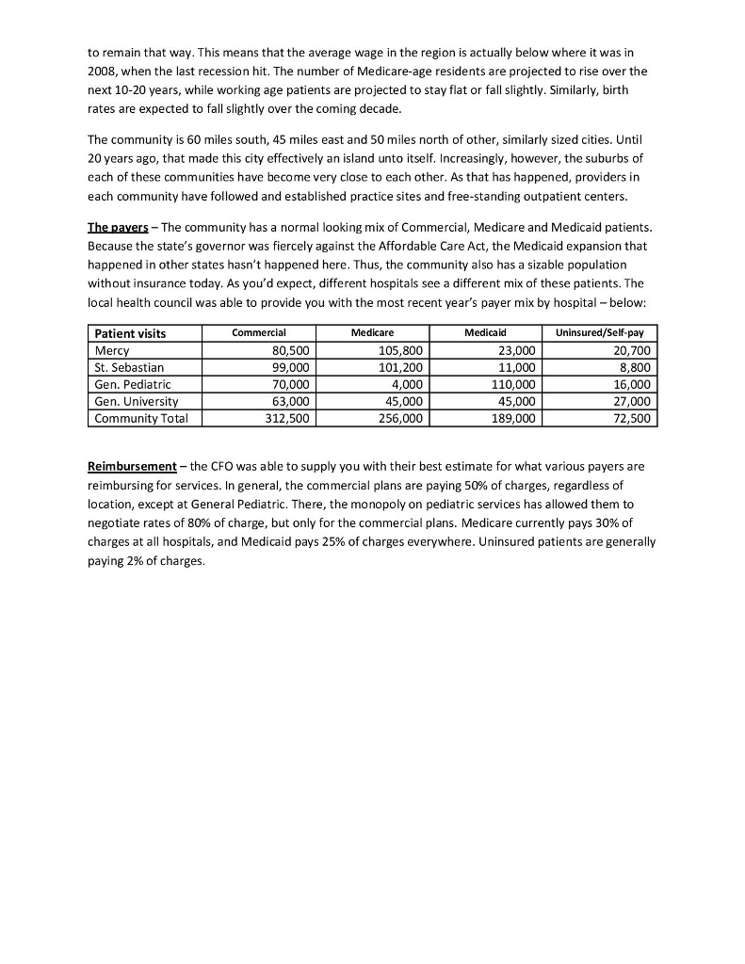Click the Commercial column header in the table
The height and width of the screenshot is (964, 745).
[x=259, y=333]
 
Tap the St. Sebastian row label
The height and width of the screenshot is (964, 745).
[x=128, y=367]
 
